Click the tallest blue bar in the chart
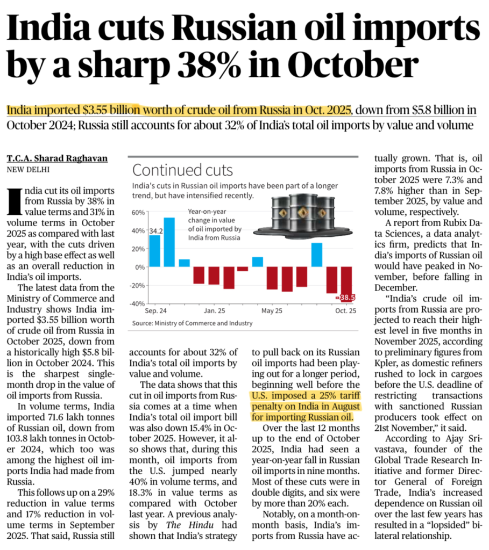pos(169,242)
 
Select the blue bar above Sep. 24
pos(154,251)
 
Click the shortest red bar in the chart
pos(243,269)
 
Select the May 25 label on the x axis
pos(272,311)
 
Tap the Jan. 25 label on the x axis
pos(214,311)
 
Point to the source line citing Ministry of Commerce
pos(192,323)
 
